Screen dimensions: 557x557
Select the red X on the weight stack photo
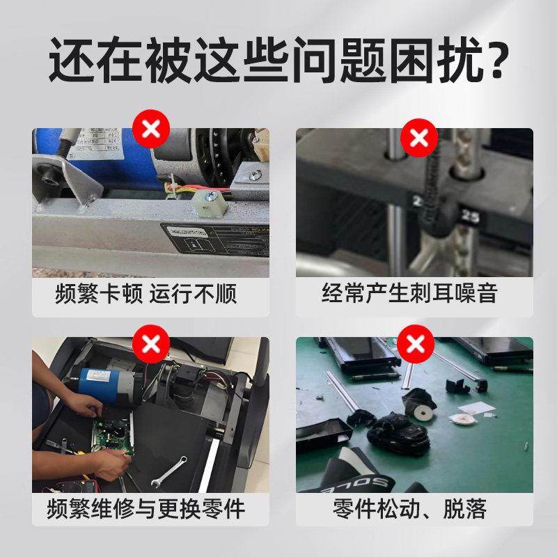[x=418, y=137]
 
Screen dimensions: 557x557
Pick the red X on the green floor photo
[x=416, y=343]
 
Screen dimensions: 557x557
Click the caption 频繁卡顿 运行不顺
[x=146, y=293]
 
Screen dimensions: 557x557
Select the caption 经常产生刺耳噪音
[x=410, y=293]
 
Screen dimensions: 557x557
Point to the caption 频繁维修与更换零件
[x=146, y=508]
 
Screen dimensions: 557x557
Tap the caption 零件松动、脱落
[x=410, y=508]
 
